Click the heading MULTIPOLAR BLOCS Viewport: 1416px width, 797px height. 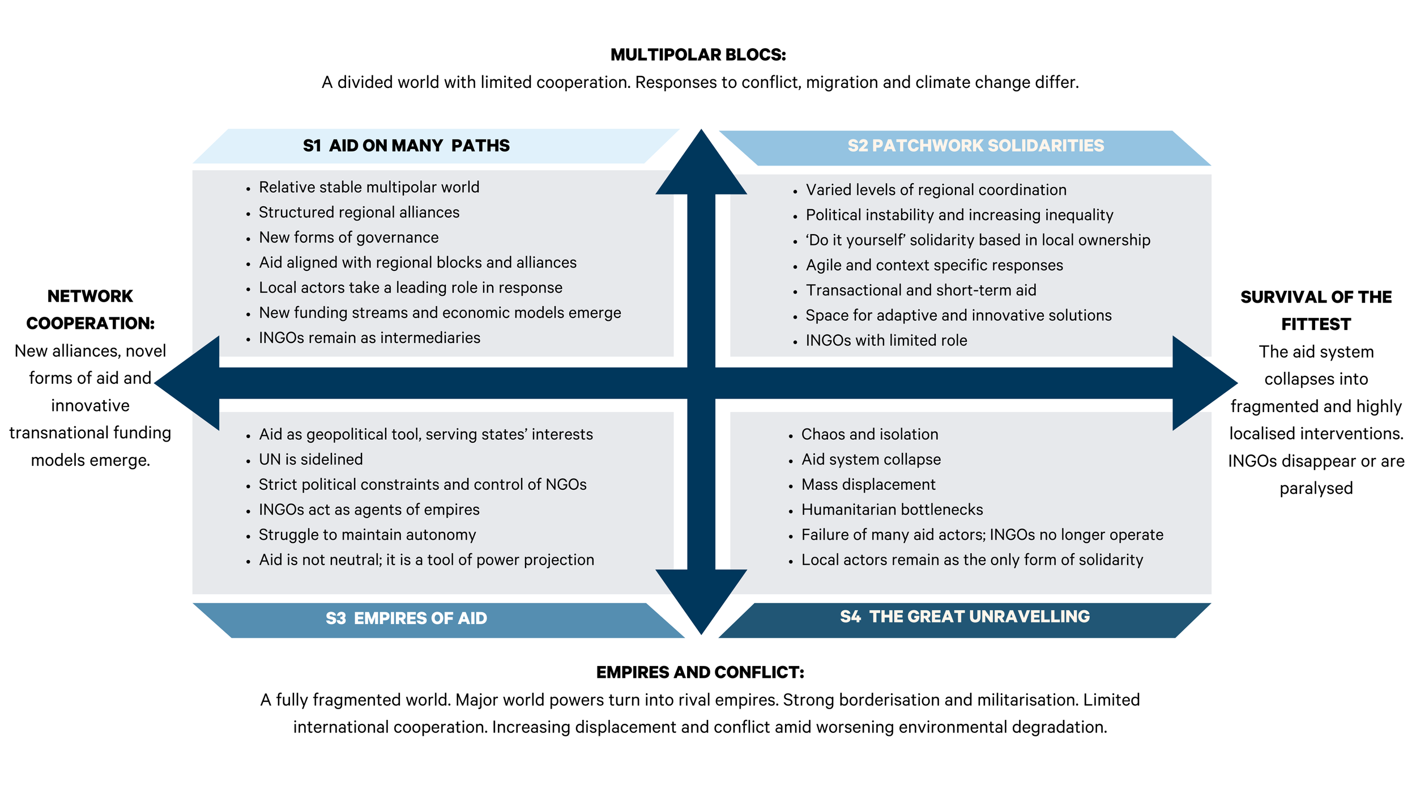tap(698, 55)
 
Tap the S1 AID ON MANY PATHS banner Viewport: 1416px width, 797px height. tap(406, 146)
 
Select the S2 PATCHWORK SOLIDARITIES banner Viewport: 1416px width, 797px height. tap(975, 146)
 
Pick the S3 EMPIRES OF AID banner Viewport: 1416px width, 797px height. tap(406, 618)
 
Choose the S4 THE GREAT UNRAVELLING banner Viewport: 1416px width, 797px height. tap(965, 616)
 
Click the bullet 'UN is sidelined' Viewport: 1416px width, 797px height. tap(310, 459)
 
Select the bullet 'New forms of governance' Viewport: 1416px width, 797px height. tap(348, 238)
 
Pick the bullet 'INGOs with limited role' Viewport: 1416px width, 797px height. tap(886, 340)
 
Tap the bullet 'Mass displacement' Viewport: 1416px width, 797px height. tap(868, 485)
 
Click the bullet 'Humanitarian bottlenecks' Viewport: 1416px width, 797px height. tap(892, 510)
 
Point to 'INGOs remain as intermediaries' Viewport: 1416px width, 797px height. tap(369, 338)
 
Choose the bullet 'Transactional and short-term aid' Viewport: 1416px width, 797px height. tap(920, 290)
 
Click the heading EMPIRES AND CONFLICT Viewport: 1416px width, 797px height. tap(700, 672)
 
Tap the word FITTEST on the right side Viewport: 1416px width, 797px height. tap(1316, 324)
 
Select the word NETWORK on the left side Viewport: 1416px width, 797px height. tap(90, 296)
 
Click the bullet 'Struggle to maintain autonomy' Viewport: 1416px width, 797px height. tap(367, 535)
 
